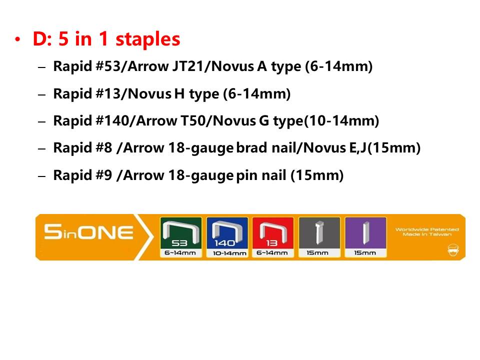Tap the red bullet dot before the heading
coord(18,39)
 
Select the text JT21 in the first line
coord(186,66)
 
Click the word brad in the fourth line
coord(251,147)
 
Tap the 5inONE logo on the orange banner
coord(88,232)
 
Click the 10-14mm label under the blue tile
coord(229,253)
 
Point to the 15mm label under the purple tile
coord(365,253)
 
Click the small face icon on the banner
coord(453,250)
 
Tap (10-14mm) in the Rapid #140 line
coord(341,120)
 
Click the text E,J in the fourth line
coord(358,147)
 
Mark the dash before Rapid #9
coord(42,176)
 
